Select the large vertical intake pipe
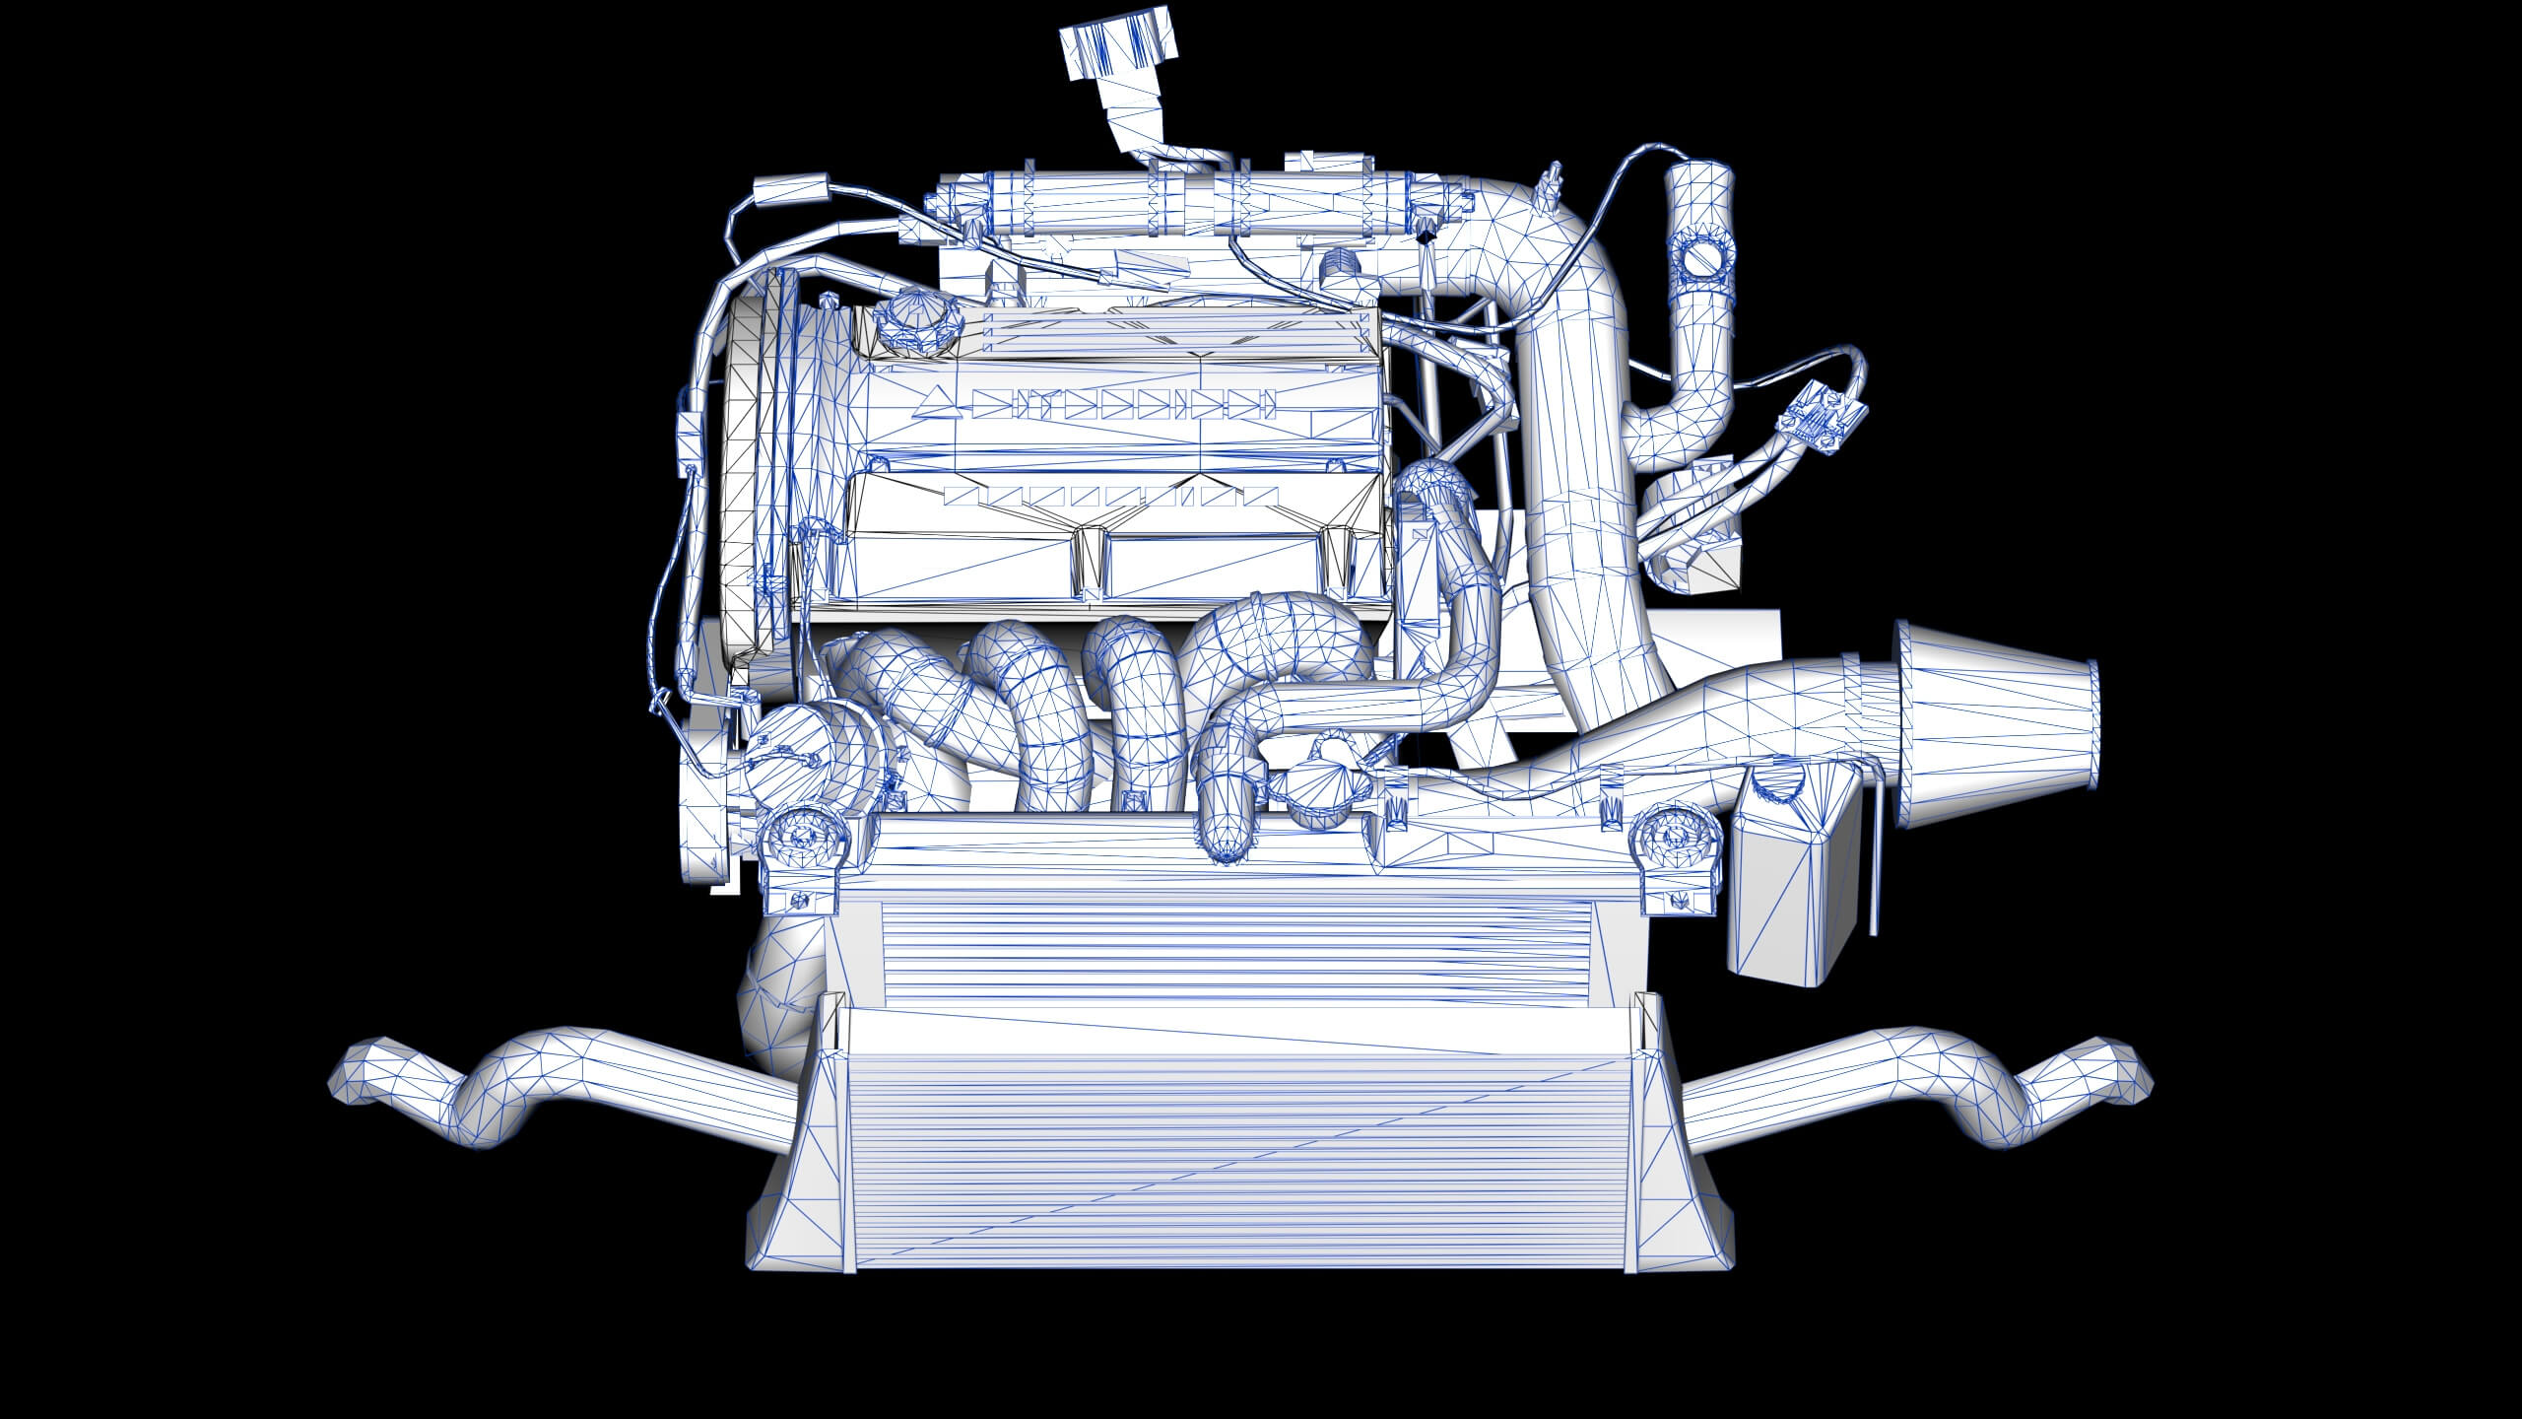[x=1576, y=493]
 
